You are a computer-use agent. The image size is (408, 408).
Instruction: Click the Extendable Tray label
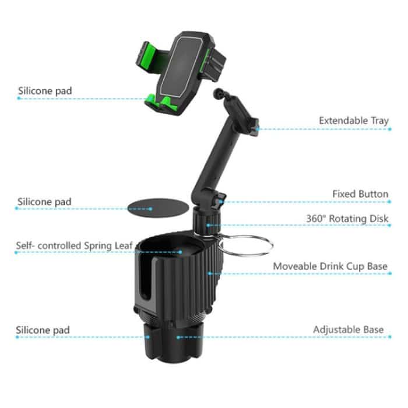pos(353,121)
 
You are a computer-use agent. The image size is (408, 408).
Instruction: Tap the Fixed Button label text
pos(360,194)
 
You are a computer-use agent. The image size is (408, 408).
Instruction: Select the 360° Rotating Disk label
pos(347,219)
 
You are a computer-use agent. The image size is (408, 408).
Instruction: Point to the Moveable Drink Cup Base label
pos(330,266)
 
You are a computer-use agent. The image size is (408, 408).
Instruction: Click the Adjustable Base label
pos(348,329)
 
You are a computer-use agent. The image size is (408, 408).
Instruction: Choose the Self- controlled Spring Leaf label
pos(75,245)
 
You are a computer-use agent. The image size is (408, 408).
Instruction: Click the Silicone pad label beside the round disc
pos(52,202)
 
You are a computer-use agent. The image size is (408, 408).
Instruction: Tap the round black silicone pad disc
pos(152,208)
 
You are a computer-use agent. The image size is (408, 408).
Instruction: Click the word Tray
pos(379,121)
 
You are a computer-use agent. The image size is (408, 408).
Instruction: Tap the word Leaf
pos(124,245)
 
